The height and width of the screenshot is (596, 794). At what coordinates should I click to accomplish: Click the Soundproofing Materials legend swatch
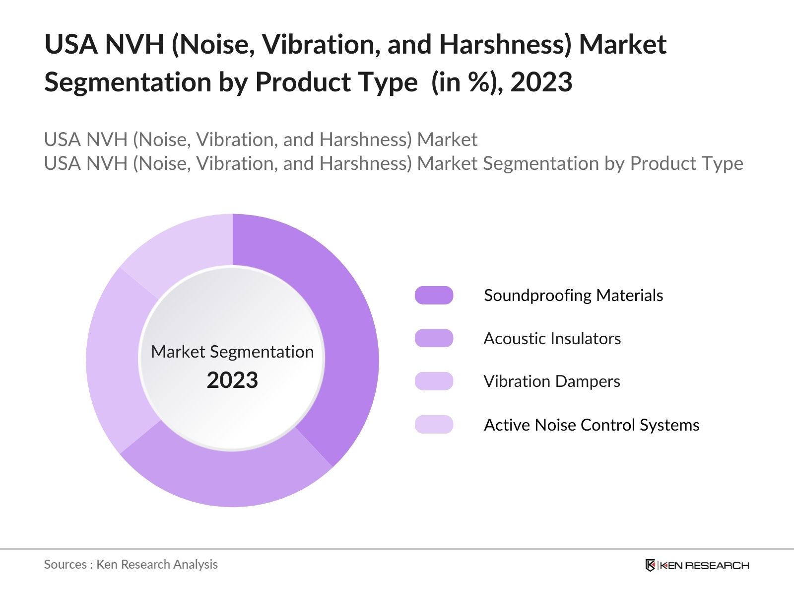click(x=434, y=295)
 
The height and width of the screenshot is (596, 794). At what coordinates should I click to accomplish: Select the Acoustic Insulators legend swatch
click(x=434, y=338)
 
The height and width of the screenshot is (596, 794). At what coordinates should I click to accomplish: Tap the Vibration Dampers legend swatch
click(x=434, y=381)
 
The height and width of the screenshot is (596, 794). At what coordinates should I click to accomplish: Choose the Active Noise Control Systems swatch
click(x=434, y=425)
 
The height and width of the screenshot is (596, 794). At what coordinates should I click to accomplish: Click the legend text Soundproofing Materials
click(x=573, y=295)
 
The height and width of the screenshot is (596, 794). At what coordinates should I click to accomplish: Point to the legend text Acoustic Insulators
click(x=552, y=338)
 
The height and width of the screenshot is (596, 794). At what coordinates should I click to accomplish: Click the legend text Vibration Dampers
click(x=551, y=381)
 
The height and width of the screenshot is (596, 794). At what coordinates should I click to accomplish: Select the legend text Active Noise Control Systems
click(x=591, y=425)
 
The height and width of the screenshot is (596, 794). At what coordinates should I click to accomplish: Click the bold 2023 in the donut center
click(x=232, y=380)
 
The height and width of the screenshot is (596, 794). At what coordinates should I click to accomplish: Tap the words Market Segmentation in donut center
click(x=232, y=352)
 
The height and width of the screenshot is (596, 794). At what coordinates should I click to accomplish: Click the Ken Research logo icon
click(x=650, y=565)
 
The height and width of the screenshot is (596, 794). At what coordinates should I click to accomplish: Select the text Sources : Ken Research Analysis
click(x=131, y=564)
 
